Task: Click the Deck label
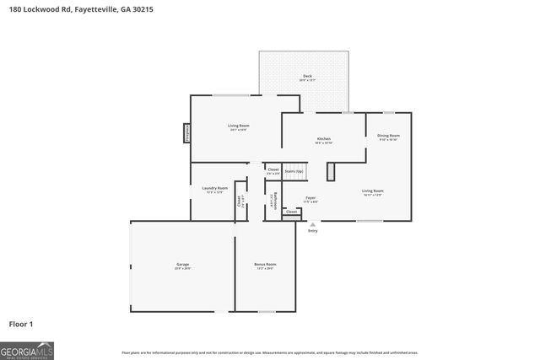[x=307, y=77]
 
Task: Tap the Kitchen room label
[x=323, y=138]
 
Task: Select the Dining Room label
[x=388, y=135]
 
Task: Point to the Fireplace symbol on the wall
[x=187, y=133]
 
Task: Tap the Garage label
[x=182, y=265]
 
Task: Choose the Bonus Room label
[x=266, y=265]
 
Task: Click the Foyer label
[x=310, y=197]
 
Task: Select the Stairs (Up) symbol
[x=294, y=171]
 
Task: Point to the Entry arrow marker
[x=313, y=224]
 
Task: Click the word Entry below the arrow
[x=313, y=231]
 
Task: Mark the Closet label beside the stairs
[x=273, y=169]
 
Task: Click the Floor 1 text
[x=21, y=324]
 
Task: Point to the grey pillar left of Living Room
[x=331, y=172]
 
